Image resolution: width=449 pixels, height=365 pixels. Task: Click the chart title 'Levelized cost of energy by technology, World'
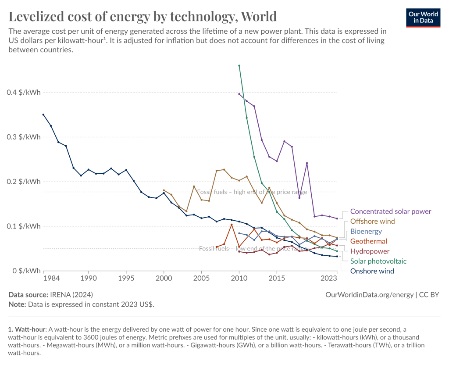143,16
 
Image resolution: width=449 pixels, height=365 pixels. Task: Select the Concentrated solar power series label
391,211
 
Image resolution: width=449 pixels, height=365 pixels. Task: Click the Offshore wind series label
372,222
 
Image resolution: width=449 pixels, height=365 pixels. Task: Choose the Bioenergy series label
366,231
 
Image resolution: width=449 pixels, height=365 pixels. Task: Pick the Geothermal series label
368,241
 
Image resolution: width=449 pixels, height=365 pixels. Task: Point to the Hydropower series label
370,251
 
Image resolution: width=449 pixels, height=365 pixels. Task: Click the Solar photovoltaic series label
378,261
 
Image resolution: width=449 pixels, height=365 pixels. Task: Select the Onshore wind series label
372,271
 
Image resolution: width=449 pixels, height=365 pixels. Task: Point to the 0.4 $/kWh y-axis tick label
24,93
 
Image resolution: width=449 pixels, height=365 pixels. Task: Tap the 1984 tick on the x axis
51,278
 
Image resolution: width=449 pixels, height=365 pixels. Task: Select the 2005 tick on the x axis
201,278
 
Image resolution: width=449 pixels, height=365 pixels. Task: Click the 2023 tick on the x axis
329,278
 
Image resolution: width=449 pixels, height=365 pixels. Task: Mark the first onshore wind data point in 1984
43,115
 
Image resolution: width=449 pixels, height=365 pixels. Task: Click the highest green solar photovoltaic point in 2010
239,66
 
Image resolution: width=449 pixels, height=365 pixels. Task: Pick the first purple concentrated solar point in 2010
239,94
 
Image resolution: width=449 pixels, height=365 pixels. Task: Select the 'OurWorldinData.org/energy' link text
370,295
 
